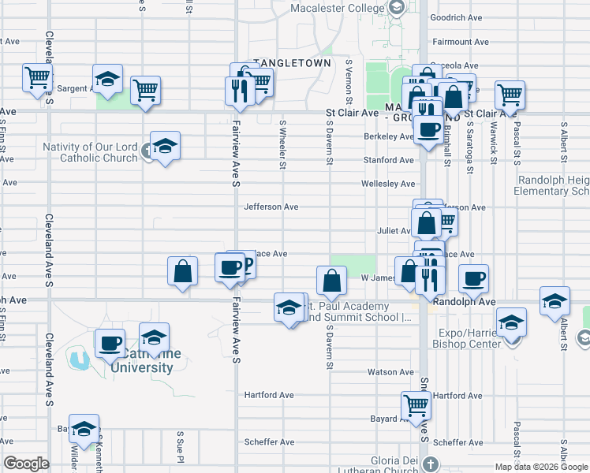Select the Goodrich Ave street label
pyautogui.click(x=457, y=17)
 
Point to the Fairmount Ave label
pyautogui.click(x=457, y=41)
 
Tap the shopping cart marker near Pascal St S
pyautogui.click(x=510, y=95)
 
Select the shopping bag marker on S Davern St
pyautogui.click(x=331, y=279)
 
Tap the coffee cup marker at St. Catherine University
pyautogui.click(x=110, y=344)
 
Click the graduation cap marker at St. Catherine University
pyautogui.click(x=154, y=337)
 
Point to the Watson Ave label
pyautogui.click(x=390, y=372)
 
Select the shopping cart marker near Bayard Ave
pyautogui.click(x=416, y=405)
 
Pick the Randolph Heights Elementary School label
pyautogui.click(x=553, y=185)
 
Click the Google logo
pyautogui.click(x=27, y=464)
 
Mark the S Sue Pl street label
pyautogui.click(x=180, y=446)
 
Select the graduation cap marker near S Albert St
pyautogui.click(x=555, y=301)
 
